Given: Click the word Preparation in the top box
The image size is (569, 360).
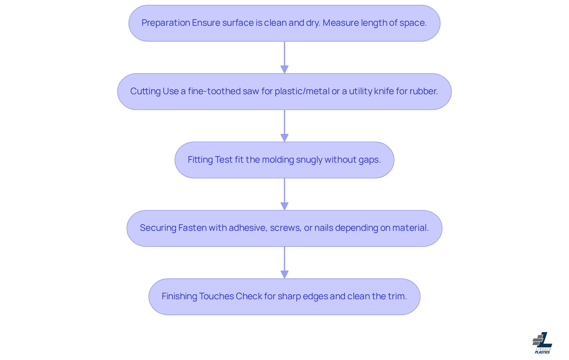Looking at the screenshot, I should click(x=166, y=23).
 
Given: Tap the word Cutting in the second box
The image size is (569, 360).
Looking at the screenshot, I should click(x=145, y=91).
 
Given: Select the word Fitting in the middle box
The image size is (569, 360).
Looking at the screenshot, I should click(x=200, y=160).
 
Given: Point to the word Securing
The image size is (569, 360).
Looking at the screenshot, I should click(x=158, y=228).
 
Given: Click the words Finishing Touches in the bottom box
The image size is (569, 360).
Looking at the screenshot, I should click(x=197, y=296).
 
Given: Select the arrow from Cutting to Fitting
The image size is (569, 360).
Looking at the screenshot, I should click(x=284, y=126).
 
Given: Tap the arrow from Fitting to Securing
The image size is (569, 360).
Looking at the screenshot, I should click(x=284, y=194).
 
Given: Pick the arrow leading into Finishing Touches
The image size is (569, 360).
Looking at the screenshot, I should click(x=284, y=263).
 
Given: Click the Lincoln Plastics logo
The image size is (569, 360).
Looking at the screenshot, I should click(x=542, y=343).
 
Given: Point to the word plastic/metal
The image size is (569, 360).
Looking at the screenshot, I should click(x=302, y=91).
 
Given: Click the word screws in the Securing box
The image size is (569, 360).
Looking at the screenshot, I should click(x=285, y=228).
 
